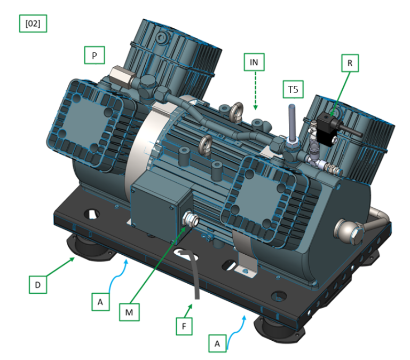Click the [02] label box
coord(33,24)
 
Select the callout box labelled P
coord(94,55)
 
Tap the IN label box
coord(254,62)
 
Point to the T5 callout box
coord(293,90)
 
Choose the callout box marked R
coord(350,63)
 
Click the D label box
coord(38,284)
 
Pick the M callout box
coord(129,312)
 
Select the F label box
coord(184,326)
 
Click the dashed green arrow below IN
coord(256,90)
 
